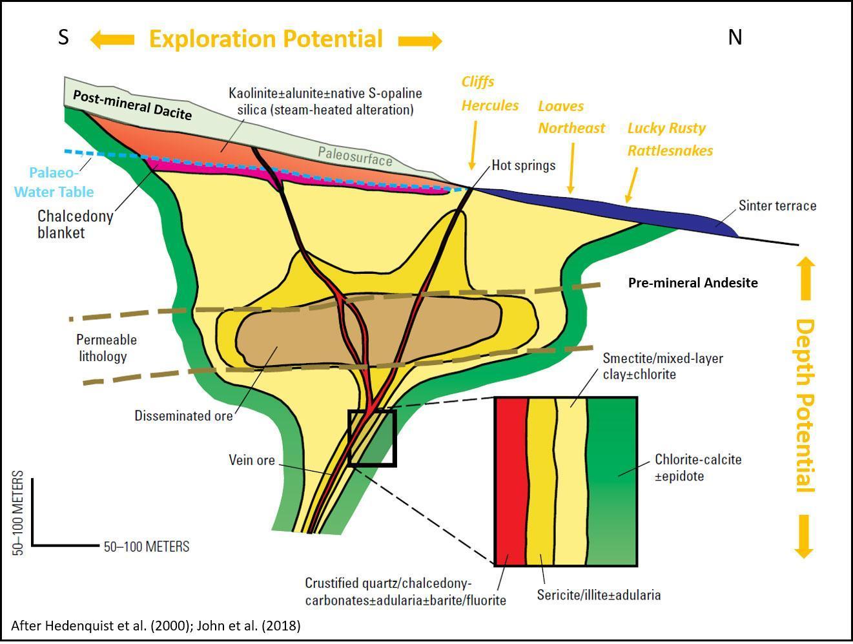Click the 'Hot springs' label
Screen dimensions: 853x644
click(x=523, y=165)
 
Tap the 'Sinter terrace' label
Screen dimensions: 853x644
click(x=777, y=206)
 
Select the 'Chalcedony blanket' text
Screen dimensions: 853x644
click(x=74, y=224)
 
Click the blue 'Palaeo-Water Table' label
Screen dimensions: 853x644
click(x=54, y=183)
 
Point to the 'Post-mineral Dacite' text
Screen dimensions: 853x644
click(x=132, y=105)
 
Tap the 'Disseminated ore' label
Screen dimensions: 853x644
click(x=183, y=416)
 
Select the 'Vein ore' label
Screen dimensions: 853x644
click(x=251, y=461)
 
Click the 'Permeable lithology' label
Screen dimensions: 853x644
click(x=106, y=348)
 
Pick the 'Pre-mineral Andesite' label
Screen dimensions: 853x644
click(x=692, y=283)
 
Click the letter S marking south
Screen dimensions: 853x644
click(x=63, y=37)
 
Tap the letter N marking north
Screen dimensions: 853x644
click(x=735, y=37)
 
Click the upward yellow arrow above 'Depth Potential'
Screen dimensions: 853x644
click(x=805, y=278)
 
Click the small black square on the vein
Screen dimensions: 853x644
click(x=372, y=438)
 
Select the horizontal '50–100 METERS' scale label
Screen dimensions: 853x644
click(x=147, y=547)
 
